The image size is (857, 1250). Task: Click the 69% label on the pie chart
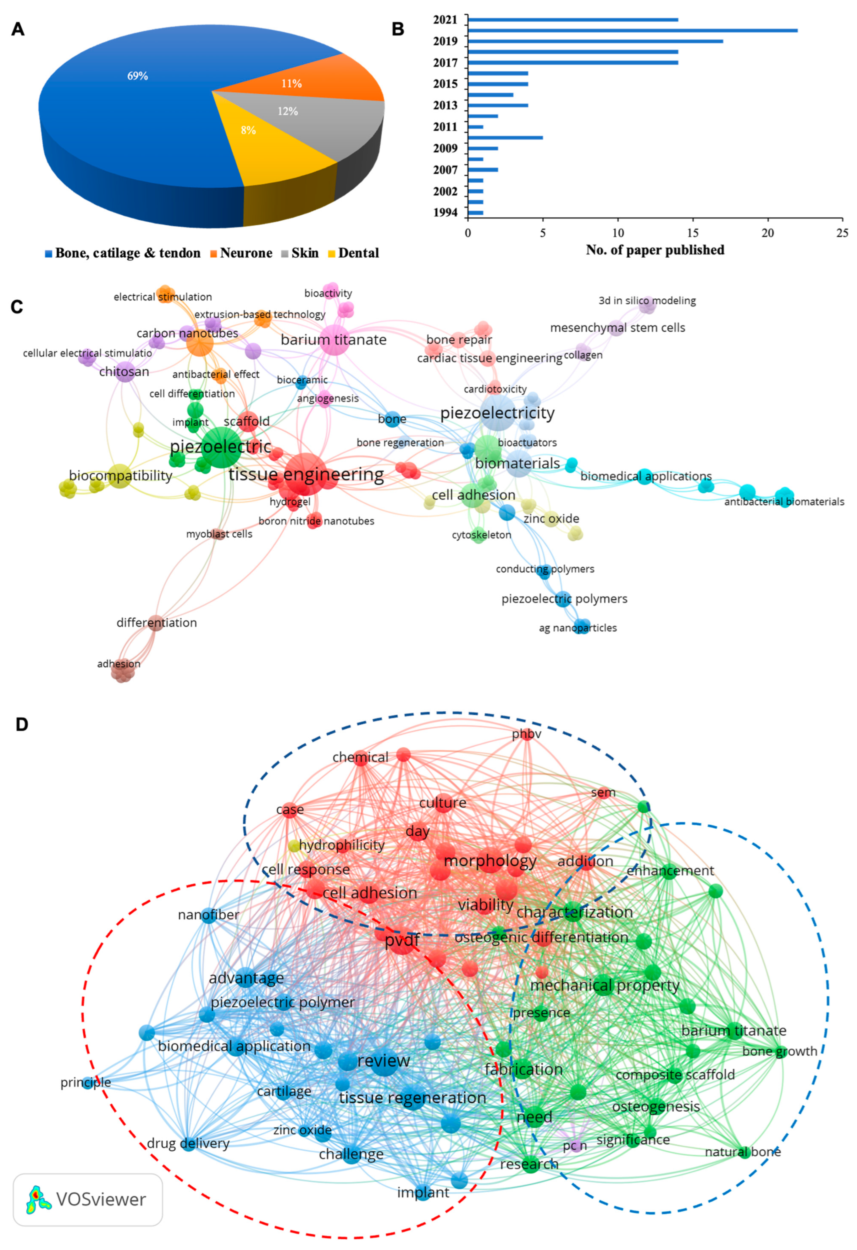[x=137, y=76]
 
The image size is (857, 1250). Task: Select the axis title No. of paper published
[x=655, y=250]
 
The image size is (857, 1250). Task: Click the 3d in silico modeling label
[x=647, y=301]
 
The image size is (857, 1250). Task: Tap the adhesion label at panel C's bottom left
[x=119, y=664]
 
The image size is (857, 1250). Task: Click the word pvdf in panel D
[x=402, y=941]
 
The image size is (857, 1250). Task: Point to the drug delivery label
[x=188, y=1143]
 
